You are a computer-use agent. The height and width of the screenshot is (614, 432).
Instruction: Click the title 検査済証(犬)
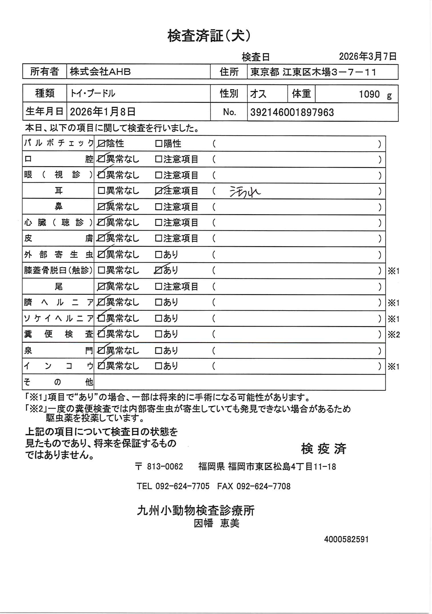209,37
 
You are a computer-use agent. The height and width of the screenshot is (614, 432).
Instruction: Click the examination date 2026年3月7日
367,57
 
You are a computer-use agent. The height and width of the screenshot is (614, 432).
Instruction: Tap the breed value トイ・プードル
93,93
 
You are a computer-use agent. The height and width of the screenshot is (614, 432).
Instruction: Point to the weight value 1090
369,94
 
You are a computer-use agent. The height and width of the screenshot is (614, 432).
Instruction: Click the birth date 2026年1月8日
103,112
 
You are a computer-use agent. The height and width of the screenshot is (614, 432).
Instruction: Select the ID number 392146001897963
292,112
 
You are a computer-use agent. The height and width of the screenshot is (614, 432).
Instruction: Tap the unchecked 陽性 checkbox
159,144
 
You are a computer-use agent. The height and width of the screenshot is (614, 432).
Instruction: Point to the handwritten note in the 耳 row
245,192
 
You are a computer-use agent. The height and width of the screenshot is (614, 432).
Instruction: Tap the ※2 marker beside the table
393,334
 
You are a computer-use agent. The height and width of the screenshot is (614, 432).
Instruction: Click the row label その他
58,382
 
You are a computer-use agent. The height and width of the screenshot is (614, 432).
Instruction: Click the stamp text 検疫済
323,449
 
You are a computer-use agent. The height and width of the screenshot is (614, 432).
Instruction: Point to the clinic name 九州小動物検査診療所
195,511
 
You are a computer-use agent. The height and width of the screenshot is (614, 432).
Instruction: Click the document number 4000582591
346,539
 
